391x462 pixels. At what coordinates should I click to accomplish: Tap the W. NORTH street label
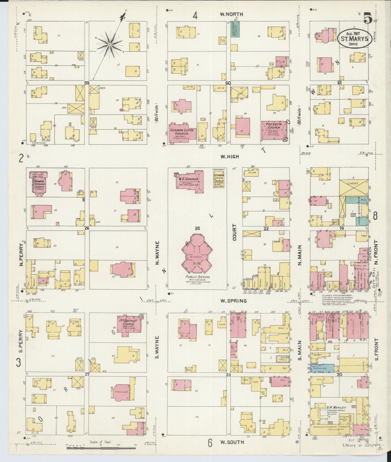(231, 14)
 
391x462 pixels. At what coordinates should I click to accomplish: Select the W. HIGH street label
(229, 156)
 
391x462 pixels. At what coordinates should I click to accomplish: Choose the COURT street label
(234, 232)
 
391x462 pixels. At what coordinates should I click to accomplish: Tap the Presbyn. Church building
(274, 130)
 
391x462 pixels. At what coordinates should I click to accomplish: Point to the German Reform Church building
(39, 183)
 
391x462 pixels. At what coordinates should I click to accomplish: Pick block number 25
(197, 229)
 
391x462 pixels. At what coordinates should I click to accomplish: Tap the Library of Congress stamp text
(362, 453)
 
